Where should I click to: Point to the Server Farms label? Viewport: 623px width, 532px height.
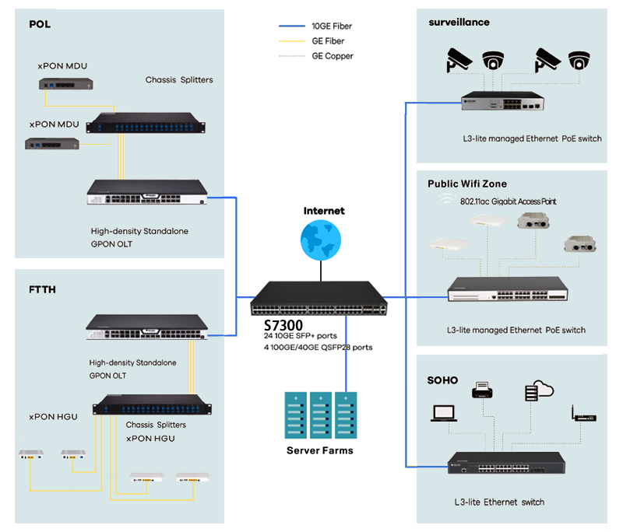coord(319,450)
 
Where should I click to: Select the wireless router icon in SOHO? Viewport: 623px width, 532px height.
coord(583,413)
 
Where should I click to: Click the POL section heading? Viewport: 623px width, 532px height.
coord(40,24)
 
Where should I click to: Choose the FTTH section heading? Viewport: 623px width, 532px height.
coord(43,289)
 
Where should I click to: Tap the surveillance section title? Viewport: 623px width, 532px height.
coord(459,23)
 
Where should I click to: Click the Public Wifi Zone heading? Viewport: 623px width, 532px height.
coord(467,184)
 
